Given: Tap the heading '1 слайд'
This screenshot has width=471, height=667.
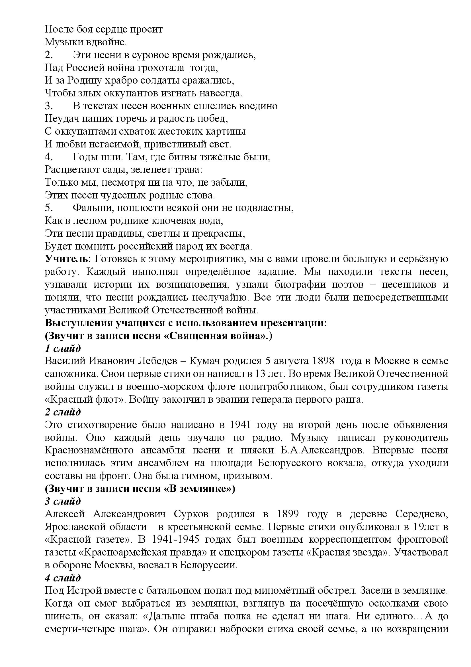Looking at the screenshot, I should (x=63, y=348).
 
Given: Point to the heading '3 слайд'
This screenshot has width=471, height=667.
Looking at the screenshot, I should (x=63, y=501).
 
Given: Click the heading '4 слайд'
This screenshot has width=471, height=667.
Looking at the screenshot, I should (x=63, y=578).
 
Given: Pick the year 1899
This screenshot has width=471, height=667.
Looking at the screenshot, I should (x=288, y=514).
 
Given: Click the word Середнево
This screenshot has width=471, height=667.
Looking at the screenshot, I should (x=422, y=514).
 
